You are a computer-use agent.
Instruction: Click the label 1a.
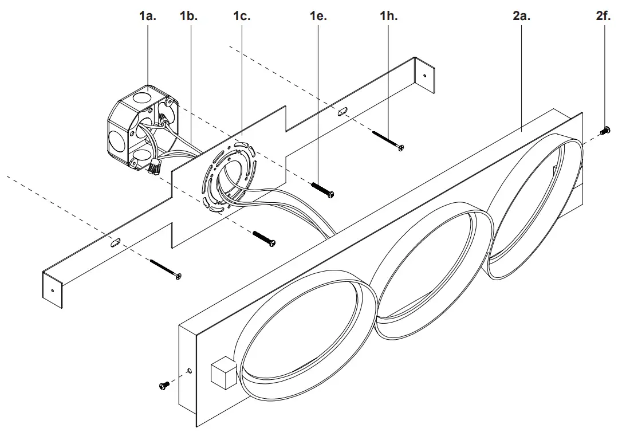click(147, 16)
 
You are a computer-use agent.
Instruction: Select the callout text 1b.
click(188, 16)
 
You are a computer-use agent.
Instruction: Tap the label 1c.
click(242, 16)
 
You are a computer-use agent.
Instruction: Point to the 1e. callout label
click(318, 16)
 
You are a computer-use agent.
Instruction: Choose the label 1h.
click(388, 16)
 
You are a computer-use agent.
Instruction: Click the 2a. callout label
click(521, 16)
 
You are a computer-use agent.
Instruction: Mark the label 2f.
click(603, 16)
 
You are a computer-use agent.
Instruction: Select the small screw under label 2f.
click(605, 131)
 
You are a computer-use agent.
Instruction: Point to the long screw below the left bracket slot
click(166, 269)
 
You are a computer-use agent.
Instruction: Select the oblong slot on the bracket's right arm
click(342, 111)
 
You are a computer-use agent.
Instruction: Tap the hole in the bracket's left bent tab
click(53, 290)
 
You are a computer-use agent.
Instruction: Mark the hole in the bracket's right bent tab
click(424, 74)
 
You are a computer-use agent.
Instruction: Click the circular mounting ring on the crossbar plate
click(228, 177)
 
